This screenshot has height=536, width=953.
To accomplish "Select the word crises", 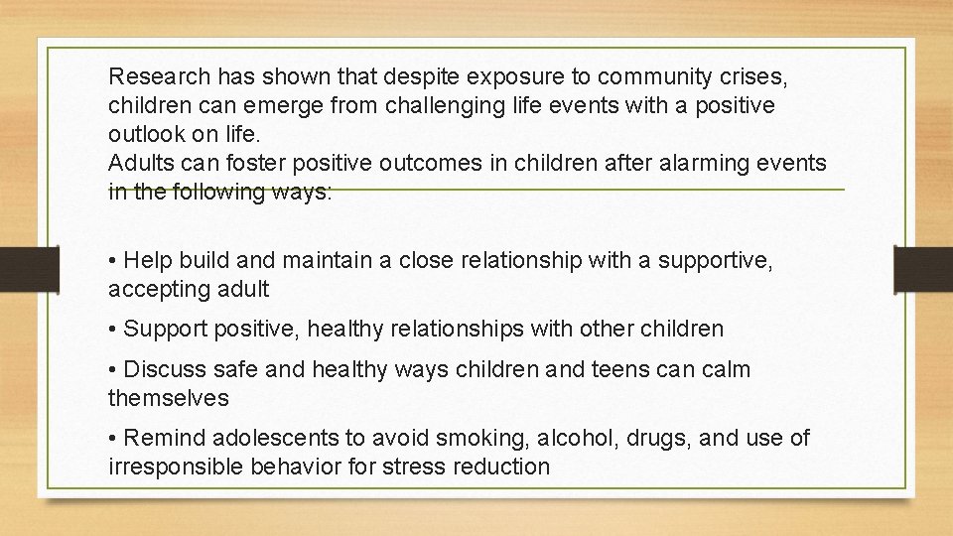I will click(x=757, y=75).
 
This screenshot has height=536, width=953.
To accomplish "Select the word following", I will click(x=219, y=192).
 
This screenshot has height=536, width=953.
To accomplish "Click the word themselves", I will click(x=168, y=398).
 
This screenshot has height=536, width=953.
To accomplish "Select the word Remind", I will click(x=162, y=438).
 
